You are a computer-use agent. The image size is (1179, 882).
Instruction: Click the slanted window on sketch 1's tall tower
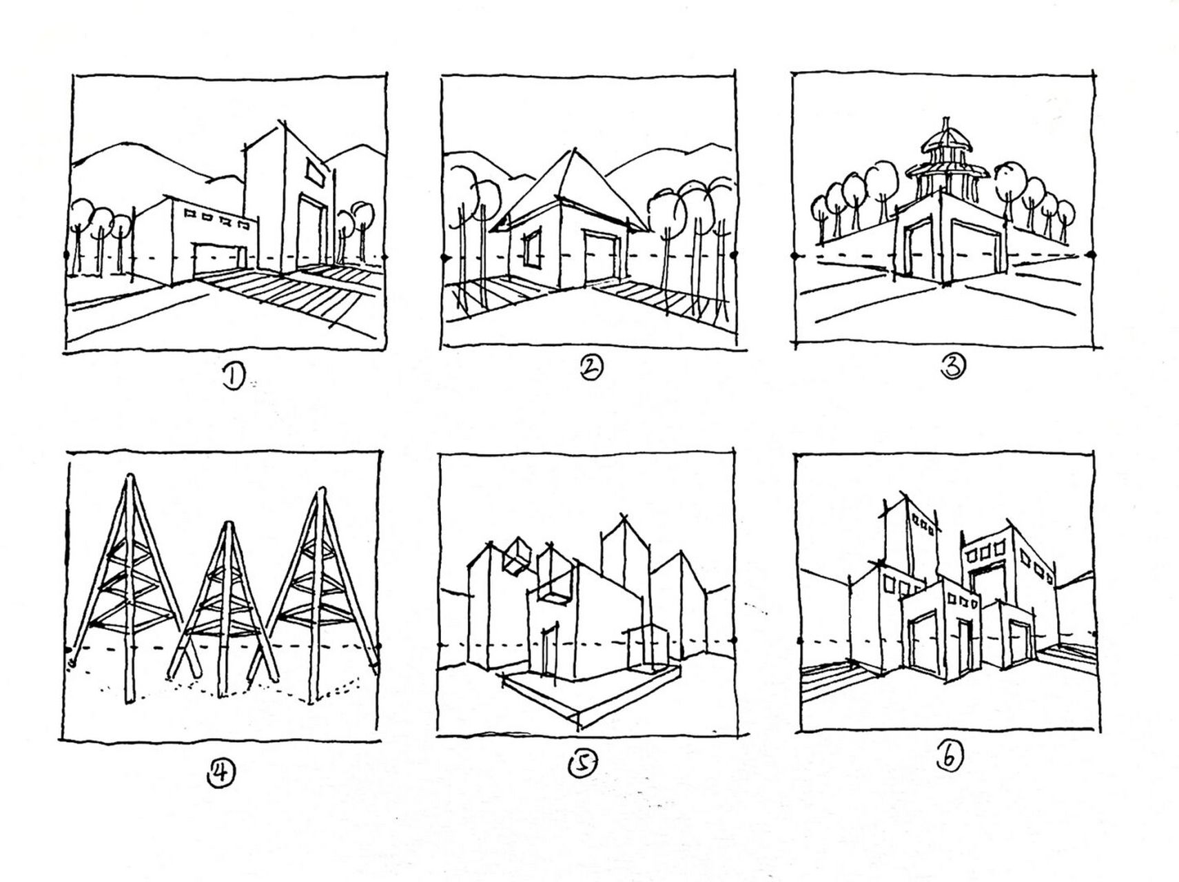[x=316, y=173]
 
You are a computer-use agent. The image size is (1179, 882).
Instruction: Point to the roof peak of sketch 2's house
[x=573, y=151]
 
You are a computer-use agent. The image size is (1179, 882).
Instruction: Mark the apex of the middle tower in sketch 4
[x=227, y=525]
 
